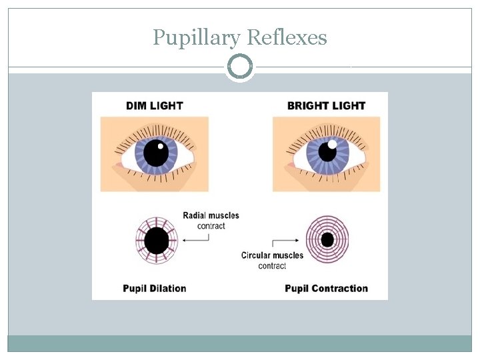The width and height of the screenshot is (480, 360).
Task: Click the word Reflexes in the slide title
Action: click(x=287, y=37)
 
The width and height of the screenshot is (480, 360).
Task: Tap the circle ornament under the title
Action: click(x=240, y=67)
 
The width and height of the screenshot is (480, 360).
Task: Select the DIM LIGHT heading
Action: click(x=154, y=105)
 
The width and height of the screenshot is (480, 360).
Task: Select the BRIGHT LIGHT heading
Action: click(x=326, y=105)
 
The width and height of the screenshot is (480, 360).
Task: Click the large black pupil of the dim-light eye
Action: click(x=156, y=153)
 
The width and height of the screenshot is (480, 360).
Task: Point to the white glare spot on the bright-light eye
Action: click(x=332, y=144)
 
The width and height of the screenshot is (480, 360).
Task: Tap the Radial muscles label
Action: click(x=211, y=215)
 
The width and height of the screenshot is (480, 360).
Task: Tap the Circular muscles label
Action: click(x=272, y=255)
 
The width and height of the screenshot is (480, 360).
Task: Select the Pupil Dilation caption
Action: click(x=155, y=289)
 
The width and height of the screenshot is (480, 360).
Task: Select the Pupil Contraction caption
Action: click(x=326, y=289)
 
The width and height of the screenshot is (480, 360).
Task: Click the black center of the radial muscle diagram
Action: click(x=157, y=241)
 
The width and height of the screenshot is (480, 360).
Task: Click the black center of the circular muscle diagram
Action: click(x=327, y=239)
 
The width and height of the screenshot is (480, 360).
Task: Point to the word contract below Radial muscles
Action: click(x=211, y=226)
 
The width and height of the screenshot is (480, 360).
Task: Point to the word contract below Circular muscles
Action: click(x=272, y=266)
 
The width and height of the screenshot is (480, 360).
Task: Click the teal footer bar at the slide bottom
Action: click(x=240, y=343)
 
